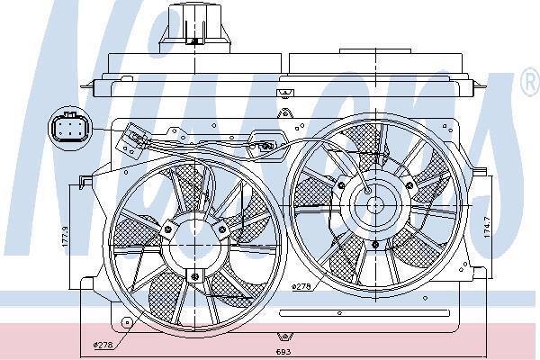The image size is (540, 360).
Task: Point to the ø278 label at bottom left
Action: (106, 343)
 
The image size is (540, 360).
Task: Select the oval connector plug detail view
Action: (67, 127)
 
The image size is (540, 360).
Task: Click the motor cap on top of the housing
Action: (193, 25)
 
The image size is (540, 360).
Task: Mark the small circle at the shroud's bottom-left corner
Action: (127, 321)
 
